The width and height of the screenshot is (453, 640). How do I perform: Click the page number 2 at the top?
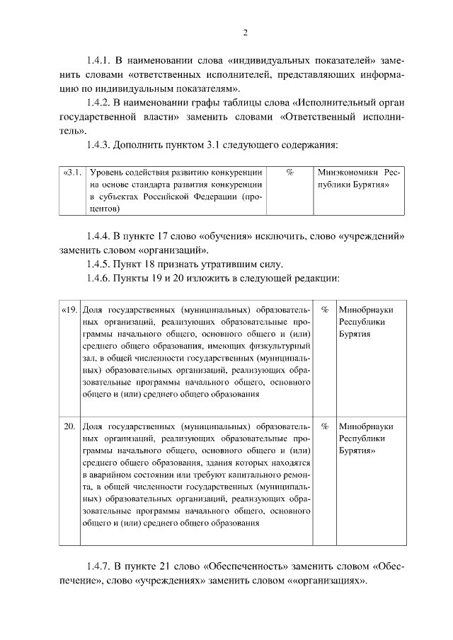[x=245, y=33]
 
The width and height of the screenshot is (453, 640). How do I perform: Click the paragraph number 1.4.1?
[x=101, y=61]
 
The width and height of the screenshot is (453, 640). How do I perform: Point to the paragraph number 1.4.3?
[x=101, y=145]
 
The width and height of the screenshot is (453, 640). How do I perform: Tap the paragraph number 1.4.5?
[x=101, y=264]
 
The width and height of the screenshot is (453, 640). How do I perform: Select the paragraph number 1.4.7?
[x=101, y=566]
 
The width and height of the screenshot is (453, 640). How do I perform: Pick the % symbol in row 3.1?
[x=290, y=173]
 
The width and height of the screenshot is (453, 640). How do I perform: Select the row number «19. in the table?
[x=69, y=310]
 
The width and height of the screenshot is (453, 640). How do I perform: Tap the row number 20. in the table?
[x=70, y=426]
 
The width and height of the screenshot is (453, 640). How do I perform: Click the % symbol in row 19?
[x=325, y=310]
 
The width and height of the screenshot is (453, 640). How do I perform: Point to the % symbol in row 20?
[x=325, y=426]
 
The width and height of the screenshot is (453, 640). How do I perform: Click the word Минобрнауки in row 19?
[x=366, y=310]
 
